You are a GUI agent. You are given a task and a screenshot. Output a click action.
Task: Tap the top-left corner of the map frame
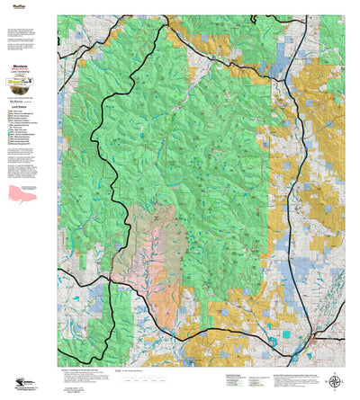point(58,15)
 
